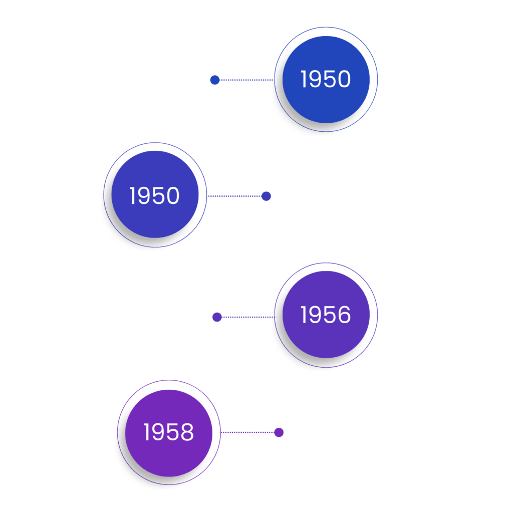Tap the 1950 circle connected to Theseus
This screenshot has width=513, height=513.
coord(326,79)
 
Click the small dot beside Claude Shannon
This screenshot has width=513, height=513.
coord(215,80)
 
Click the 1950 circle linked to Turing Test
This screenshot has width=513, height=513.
coord(154,195)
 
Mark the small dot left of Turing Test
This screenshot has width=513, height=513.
coord(266,196)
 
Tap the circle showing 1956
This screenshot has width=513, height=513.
coord(326,314)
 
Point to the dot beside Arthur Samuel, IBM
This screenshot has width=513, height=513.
coord(217,317)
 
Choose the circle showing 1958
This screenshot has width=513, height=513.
coord(168,432)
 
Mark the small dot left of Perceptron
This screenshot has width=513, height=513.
coord(279,432)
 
